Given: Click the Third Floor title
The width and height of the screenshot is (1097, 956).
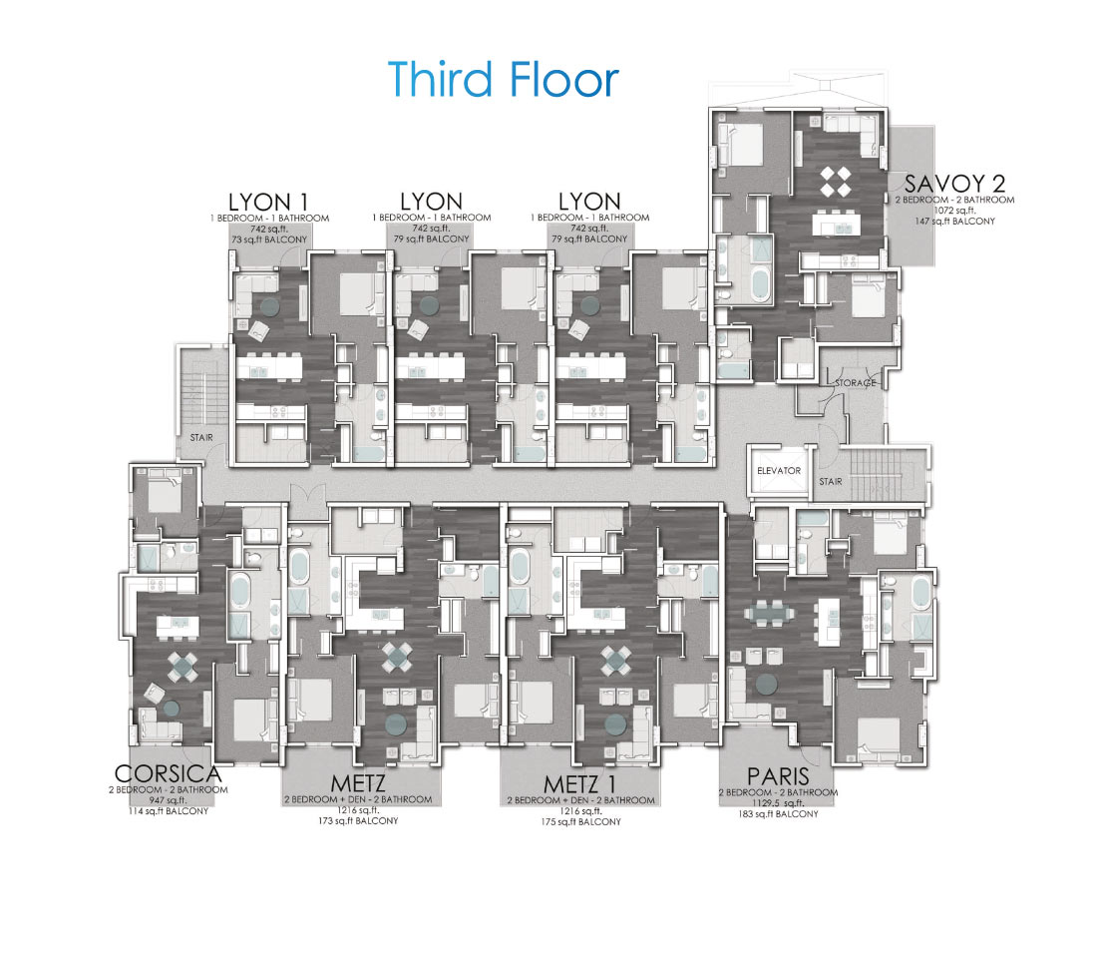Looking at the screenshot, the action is click(504, 79).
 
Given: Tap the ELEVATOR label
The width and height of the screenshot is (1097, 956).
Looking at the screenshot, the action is click(779, 471).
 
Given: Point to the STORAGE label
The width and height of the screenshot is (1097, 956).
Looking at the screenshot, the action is click(855, 383).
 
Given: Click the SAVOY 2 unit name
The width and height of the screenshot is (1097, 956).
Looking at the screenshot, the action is click(955, 184).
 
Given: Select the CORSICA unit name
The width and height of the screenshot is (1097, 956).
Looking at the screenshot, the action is click(168, 773).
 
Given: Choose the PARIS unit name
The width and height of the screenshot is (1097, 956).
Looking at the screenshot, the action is click(778, 776).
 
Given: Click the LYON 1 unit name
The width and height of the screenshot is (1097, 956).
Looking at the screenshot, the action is click(268, 203).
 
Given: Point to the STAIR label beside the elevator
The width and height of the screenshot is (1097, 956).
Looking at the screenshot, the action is click(831, 482).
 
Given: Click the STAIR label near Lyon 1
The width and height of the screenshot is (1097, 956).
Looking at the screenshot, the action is click(201, 437).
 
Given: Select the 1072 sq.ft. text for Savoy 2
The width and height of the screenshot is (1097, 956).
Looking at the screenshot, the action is click(954, 210).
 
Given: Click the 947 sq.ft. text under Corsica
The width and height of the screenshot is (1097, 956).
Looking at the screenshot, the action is click(168, 800).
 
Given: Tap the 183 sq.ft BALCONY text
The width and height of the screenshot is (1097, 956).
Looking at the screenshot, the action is click(778, 814).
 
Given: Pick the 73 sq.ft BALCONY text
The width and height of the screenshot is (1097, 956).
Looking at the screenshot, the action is click(269, 239).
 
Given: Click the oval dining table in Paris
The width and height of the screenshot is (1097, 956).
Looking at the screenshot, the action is click(769, 614).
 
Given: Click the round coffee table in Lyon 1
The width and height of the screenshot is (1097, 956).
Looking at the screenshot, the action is click(269, 305).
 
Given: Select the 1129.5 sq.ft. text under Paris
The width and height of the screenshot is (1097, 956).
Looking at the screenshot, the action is click(778, 803).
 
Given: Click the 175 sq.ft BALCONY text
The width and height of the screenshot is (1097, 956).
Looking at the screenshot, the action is click(580, 821).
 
